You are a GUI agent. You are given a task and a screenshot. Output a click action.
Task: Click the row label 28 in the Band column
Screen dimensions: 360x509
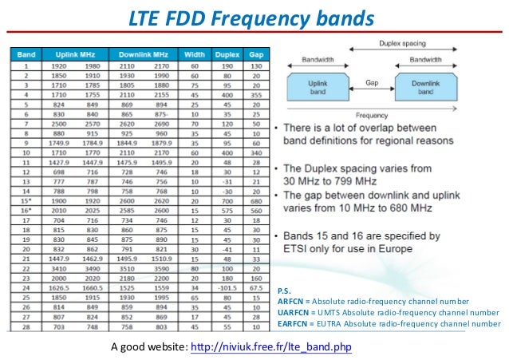point(26,326)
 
